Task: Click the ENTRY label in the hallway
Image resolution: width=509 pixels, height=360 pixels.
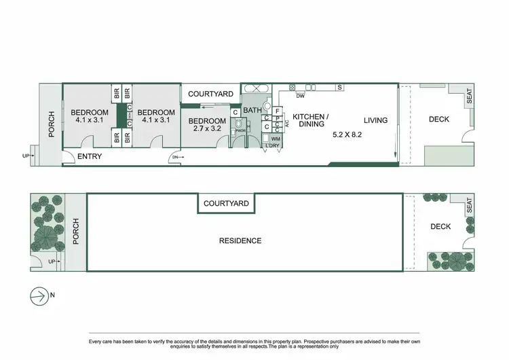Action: click(90, 157)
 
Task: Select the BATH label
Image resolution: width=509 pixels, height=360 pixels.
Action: click(252, 110)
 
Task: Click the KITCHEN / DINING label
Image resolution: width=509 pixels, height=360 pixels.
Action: click(310, 120)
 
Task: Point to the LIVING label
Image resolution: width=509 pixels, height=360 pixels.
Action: click(375, 120)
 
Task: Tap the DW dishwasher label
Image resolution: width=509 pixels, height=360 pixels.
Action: click(299, 95)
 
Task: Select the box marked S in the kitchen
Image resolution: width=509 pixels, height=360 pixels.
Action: click(339, 87)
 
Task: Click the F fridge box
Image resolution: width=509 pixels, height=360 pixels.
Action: click(278, 111)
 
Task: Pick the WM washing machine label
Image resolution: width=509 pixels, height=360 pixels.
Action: click(276, 138)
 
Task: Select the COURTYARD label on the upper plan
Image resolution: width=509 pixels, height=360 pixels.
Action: click(210, 94)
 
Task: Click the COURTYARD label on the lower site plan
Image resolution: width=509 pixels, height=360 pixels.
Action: click(226, 203)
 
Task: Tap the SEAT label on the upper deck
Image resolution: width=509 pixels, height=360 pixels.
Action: click(468, 98)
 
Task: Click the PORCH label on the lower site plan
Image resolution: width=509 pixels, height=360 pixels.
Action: click(76, 232)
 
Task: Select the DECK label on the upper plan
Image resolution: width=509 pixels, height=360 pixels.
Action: click(438, 120)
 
